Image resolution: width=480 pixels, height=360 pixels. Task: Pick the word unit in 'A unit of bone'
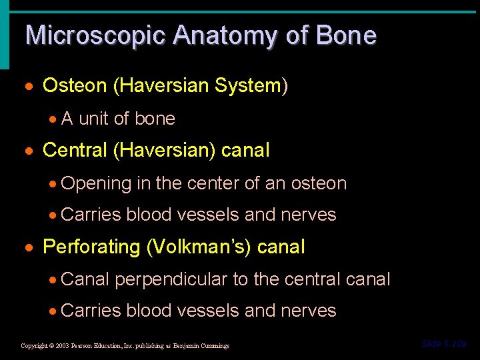(x=94, y=119)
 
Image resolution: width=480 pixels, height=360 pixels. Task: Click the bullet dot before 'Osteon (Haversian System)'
(x=33, y=87)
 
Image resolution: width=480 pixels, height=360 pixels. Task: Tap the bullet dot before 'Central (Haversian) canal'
(x=33, y=151)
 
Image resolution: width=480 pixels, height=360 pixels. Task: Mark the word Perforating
(x=91, y=247)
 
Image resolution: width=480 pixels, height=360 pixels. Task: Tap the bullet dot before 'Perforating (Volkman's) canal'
(x=33, y=248)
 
